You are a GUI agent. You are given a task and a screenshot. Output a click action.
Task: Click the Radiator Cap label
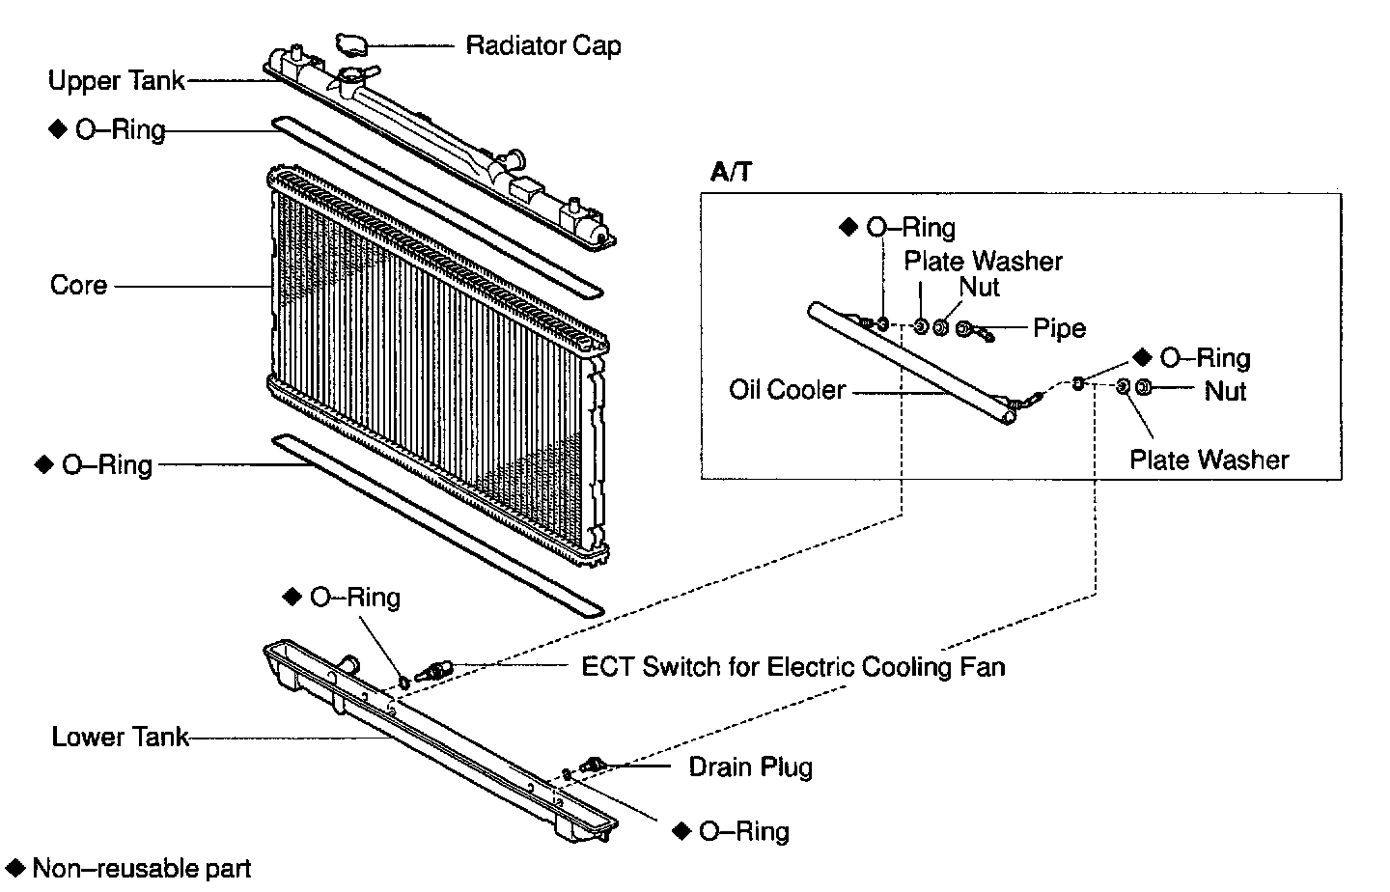tap(543, 45)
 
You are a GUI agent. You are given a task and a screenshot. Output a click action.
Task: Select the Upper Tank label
tap(116, 80)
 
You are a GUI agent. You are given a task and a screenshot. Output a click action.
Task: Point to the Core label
tap(78, 286)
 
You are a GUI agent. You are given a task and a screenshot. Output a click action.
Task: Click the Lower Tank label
tap(120, 738)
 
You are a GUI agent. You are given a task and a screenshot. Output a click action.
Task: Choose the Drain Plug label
tap(750, 767)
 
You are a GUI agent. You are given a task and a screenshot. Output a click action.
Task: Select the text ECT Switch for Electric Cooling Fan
tap(792, 667)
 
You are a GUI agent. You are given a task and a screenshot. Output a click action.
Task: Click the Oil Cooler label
tap(787, 390)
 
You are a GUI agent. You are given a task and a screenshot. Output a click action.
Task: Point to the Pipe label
tap(1059, 328)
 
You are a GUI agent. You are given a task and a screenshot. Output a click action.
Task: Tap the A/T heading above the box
tap(731, 173)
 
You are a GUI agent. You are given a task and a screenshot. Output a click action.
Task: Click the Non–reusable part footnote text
tap(142, 868)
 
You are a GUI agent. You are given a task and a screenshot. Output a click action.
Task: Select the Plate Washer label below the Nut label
tap(1209, 460)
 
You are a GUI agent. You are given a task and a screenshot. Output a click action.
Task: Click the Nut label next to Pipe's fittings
tap(979, 287)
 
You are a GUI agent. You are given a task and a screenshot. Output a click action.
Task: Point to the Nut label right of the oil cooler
tap(1225, 391)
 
